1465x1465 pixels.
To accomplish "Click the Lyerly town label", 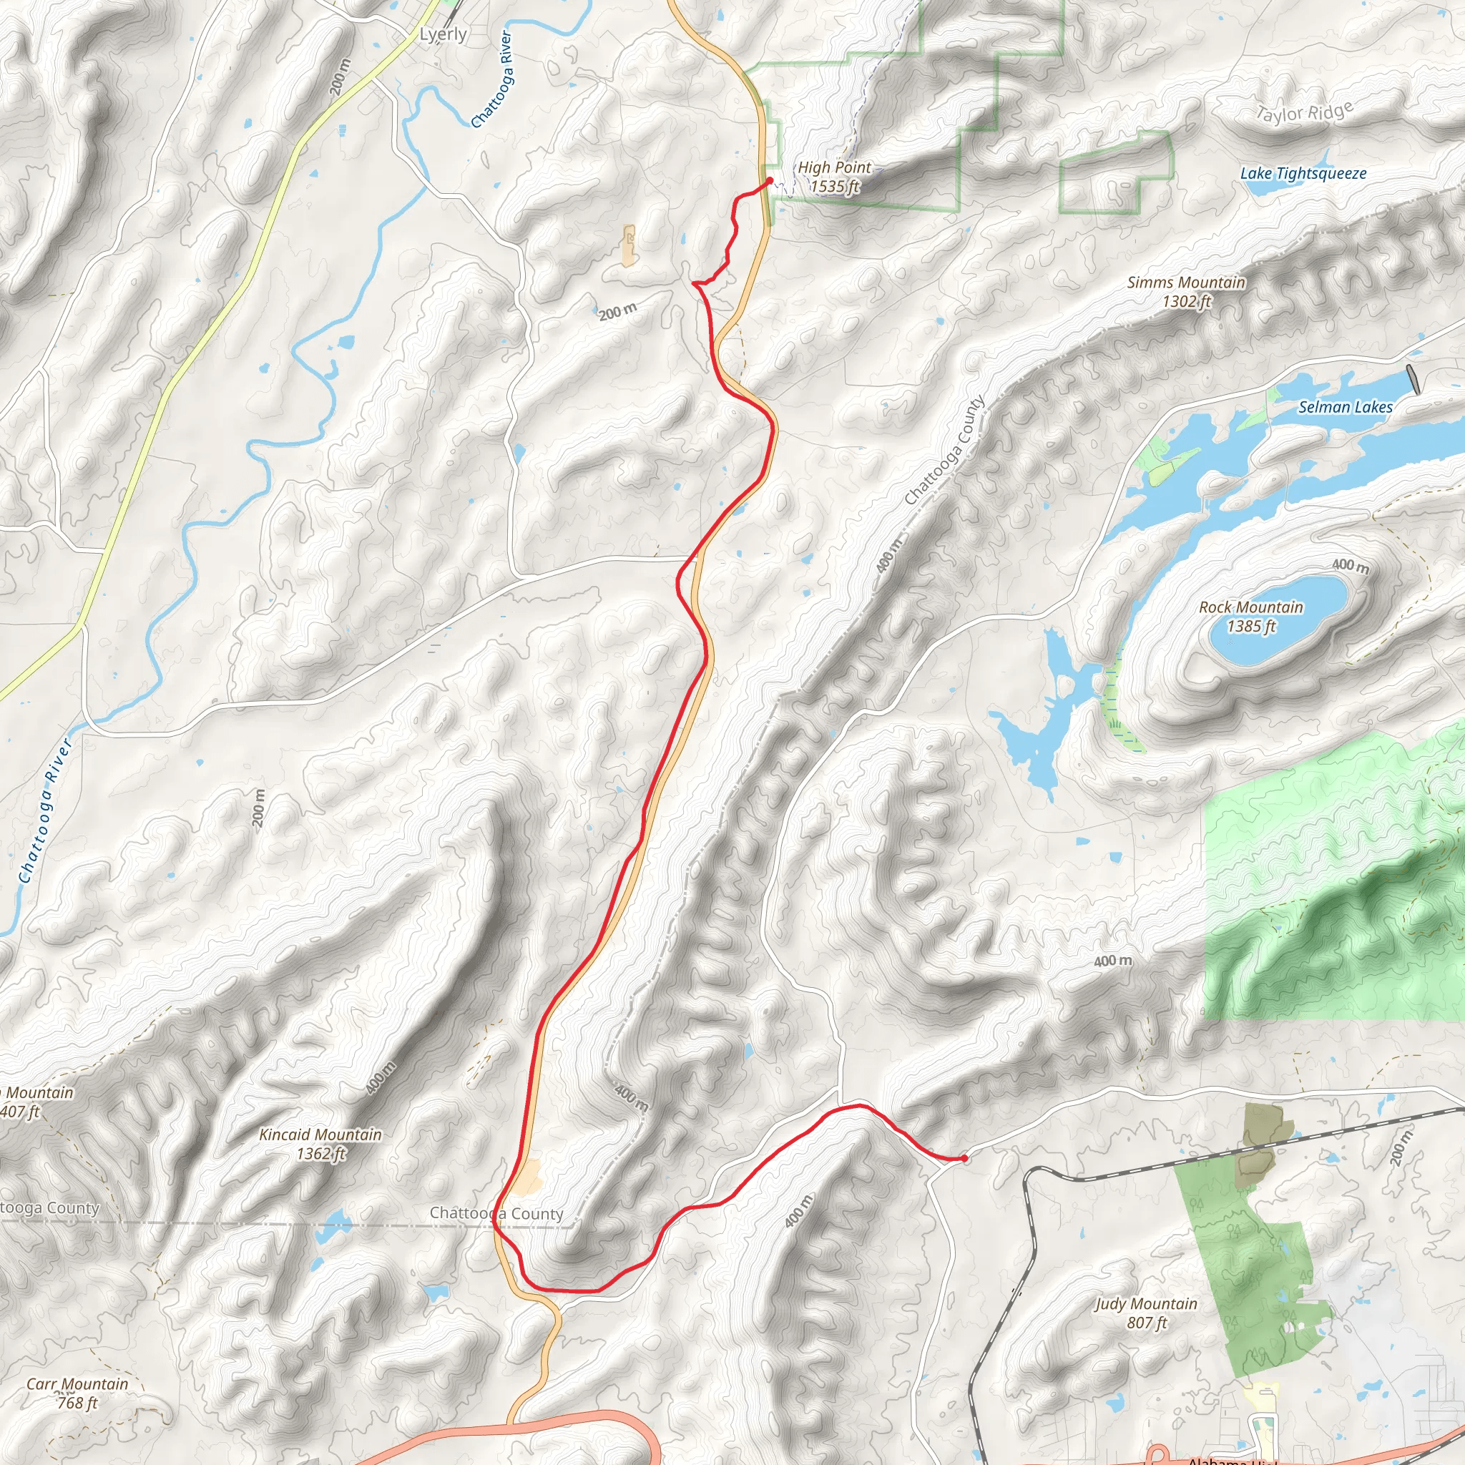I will (x=443, y=34).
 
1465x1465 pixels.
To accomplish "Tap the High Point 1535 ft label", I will (x=834, y=177).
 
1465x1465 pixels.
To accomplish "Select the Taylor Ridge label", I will (x=1303, y=113).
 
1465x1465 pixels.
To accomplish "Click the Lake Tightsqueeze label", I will (x=1303, y=174).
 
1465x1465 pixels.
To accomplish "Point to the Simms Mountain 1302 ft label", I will (x=1186, y=292).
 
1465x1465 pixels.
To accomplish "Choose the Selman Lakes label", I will (x=1346, y=407).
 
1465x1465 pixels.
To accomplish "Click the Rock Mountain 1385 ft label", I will (x=1250, y=617).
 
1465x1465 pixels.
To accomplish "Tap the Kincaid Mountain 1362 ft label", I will (x=320, y=1145).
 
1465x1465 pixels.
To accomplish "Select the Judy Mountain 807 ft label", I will (x=1146, y=1313).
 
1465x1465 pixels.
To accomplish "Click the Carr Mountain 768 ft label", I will (x=77, y=1393).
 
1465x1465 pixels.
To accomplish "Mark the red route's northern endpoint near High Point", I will (x=770, y=180).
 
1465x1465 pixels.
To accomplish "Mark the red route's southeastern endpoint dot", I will (x=964, y=1158).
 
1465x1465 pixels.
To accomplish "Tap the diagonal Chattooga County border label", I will (x=944, y=451).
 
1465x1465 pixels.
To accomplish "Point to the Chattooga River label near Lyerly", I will (x=492, y=79).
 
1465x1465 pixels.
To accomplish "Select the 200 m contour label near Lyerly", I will (x=340, y=76).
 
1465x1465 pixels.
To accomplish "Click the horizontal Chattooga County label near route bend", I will (x=496, y=1213).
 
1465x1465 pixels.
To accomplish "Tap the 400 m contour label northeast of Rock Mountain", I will (x=1351, y=565).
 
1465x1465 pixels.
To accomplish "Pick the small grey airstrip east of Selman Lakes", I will (x=1413, y=379).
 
